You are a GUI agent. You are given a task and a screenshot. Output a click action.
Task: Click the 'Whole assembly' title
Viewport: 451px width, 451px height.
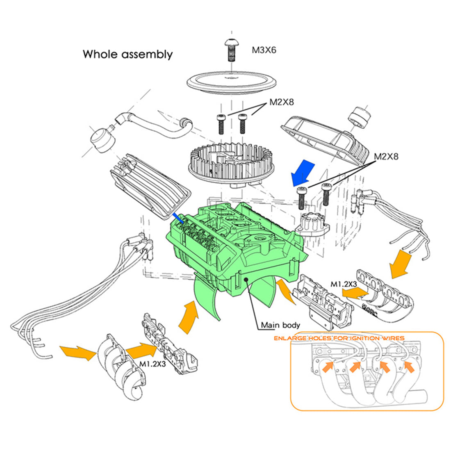point(128,54)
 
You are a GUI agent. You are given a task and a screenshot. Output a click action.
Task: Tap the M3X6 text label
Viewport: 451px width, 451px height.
point(264,50)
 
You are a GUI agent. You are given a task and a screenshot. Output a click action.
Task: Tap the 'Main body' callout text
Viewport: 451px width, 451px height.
point(280,325)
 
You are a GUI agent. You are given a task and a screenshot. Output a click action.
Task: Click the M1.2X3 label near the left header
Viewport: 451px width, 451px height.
point(153,363)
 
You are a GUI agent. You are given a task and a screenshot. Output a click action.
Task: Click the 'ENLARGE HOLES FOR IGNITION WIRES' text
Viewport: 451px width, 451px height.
point(339,338)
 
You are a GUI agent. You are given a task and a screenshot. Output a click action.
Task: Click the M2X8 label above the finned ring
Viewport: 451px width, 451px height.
point(281,102)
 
